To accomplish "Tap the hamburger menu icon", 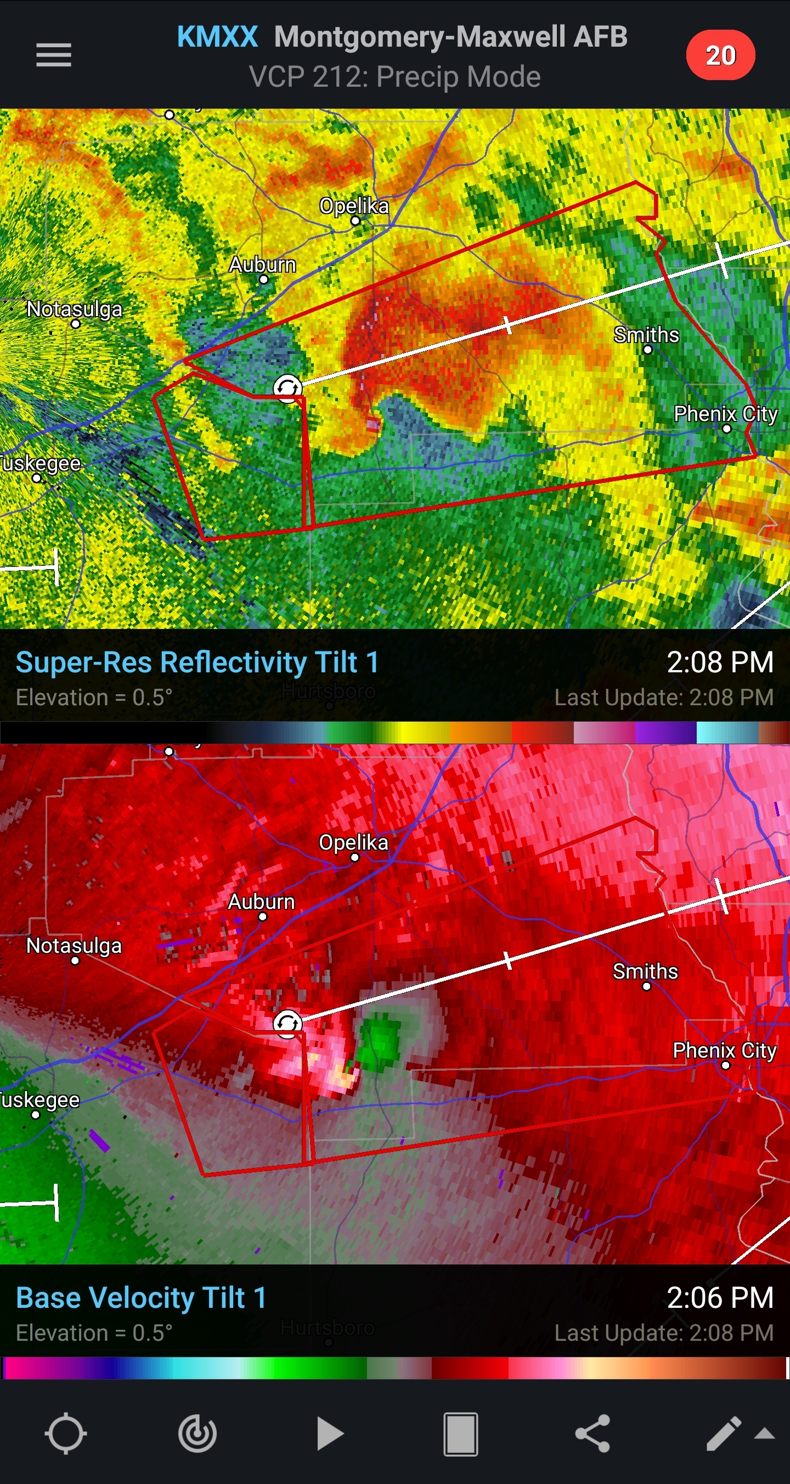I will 54,55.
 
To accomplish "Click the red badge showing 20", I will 720,55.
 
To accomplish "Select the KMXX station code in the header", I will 217,37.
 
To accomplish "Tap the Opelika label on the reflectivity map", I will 354,206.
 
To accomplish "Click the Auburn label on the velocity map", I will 262,902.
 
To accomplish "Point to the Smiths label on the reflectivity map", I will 646,335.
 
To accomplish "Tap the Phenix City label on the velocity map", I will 724,1050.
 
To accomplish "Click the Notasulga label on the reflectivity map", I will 75,310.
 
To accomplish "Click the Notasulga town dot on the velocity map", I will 75,960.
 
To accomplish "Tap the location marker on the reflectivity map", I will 287,387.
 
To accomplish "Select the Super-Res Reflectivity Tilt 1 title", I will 198,662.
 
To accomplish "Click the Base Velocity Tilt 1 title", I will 141,1298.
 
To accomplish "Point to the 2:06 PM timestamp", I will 720,1298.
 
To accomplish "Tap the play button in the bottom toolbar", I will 330,1434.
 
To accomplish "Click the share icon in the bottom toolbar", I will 592,1434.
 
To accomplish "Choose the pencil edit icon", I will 724,1434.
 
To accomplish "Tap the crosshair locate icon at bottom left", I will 66,1434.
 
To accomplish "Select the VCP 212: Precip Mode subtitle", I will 394,77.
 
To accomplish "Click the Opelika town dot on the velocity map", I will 356,857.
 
